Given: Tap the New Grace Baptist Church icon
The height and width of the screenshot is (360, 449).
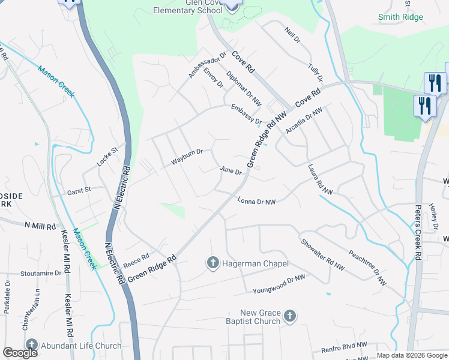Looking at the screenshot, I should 289,316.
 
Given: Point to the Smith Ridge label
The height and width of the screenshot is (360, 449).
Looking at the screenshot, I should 400,17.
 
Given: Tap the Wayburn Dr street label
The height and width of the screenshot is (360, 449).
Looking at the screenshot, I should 187,157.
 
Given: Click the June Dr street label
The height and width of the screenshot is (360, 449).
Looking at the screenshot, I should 231,172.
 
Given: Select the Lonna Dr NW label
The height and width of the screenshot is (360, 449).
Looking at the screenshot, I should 256,202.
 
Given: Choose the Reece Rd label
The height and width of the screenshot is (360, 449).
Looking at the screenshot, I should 136,260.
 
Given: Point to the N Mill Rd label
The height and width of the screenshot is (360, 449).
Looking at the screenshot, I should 40,226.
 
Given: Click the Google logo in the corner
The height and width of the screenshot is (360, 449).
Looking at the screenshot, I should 20,353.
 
